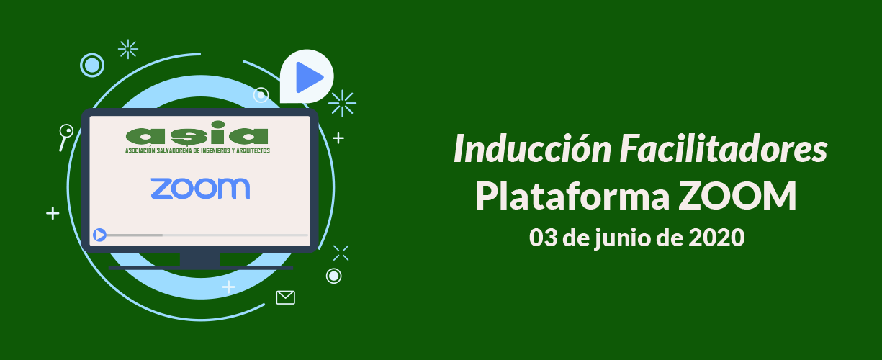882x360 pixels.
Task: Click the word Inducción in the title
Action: point(533,149)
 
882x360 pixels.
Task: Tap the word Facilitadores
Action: point(724,149)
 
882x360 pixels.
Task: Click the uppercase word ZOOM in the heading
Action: point(737,196)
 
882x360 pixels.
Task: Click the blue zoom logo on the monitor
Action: point(200,189)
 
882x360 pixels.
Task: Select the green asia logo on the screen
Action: point(197,132)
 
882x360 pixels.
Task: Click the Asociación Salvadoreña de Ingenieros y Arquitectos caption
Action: point(197,150)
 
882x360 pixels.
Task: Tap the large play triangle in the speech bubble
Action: point(310,77)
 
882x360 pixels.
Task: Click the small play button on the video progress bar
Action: point(99,235)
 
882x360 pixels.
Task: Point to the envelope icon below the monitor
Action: point(285,298)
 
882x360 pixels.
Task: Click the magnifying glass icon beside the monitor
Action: point(66,137)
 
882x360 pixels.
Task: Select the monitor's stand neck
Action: point(199,259)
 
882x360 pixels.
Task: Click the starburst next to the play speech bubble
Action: point(342,104)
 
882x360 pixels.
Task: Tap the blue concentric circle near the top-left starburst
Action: point(92,66)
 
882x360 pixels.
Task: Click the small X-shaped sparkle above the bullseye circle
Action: point(341,253)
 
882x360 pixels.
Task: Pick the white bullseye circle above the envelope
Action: point(334,276)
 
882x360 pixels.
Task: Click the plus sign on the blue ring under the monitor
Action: point(229,287)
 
